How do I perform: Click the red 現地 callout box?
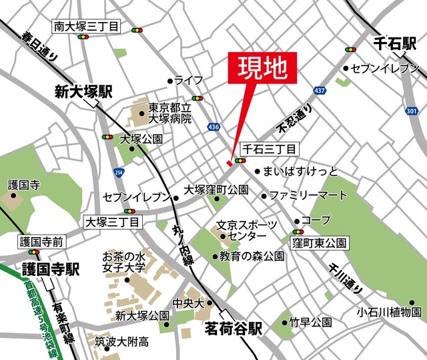262,67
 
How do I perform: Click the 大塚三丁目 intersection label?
111,222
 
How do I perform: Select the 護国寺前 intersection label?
41,241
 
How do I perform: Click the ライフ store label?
189,80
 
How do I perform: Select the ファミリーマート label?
308,196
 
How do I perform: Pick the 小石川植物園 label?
389,312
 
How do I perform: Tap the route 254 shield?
119,172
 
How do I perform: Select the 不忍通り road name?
295,118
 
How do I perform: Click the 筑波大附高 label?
121,341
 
